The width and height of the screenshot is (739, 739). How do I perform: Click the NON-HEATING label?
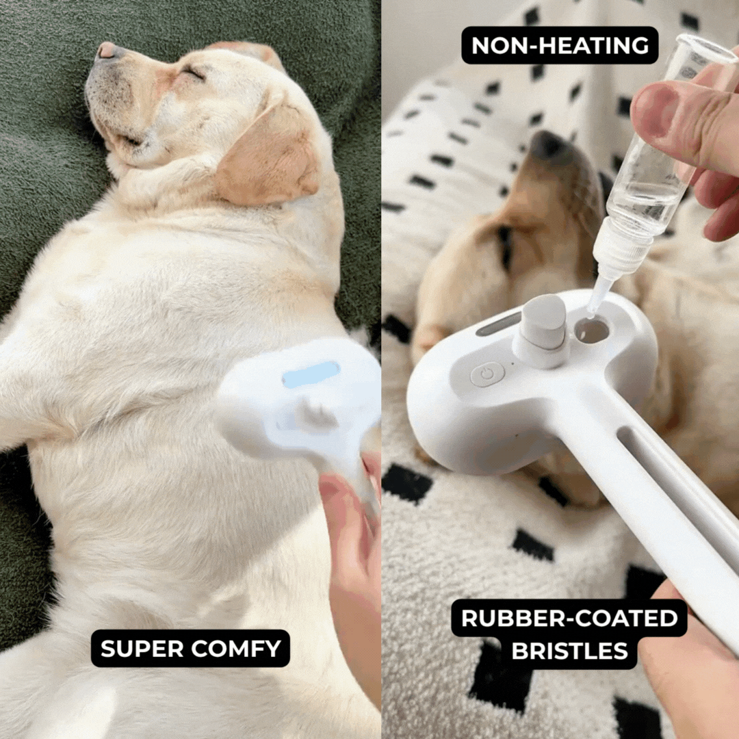coord(560,45)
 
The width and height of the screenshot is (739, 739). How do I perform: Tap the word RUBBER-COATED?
coord(569,618)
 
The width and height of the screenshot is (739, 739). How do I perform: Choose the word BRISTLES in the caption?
coord(569,651)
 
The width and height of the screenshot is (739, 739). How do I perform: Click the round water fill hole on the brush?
coord(592,330)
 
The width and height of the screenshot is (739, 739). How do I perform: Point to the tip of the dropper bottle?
coord(593,305)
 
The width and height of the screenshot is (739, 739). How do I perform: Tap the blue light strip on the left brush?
coord(311,374)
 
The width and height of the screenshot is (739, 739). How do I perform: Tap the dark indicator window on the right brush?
coord(499,324)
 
